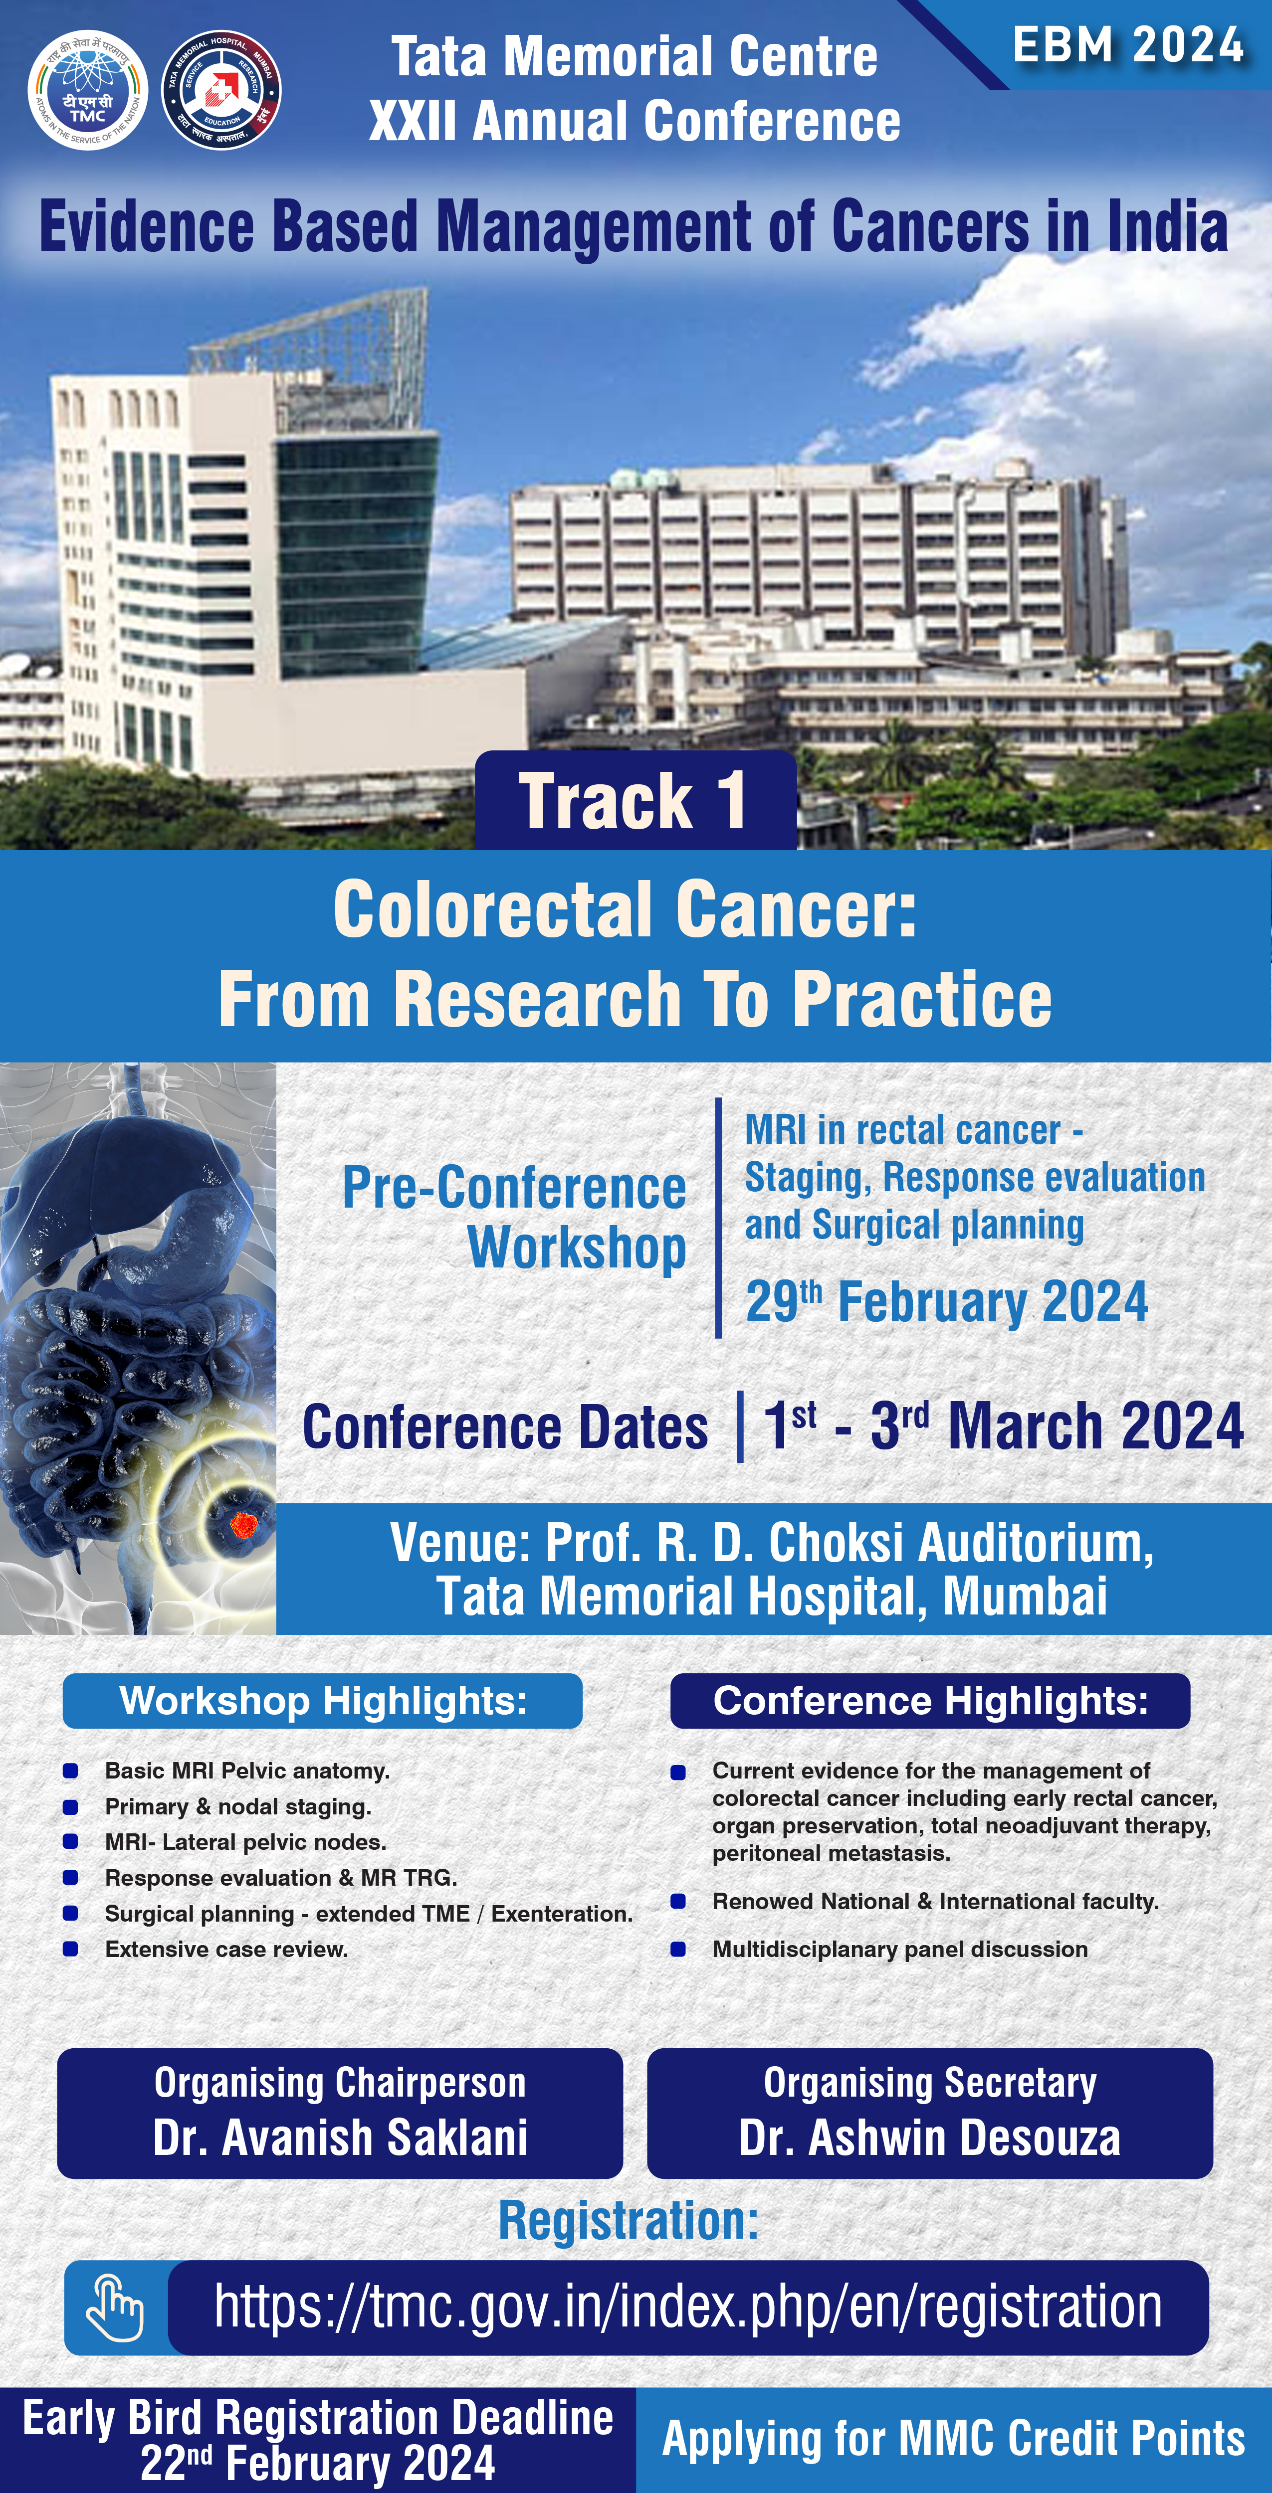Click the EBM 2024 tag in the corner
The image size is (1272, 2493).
1128,45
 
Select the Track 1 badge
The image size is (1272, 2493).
635,800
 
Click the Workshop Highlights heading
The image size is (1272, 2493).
322,1700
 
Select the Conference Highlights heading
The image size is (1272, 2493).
930,1700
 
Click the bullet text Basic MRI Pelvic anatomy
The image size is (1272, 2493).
247,1770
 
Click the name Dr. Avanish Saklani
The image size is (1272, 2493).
340,2137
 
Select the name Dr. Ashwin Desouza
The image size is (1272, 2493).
929,2137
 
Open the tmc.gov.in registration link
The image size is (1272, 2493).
688,2307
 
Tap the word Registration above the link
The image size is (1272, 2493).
628,2220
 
